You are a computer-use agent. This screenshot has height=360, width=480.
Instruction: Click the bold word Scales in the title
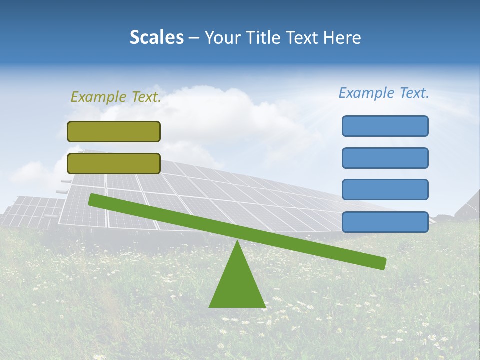(156, 38)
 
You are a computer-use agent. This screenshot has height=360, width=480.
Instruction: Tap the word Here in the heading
(342, 38)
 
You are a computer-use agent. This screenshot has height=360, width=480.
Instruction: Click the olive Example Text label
(116, 97)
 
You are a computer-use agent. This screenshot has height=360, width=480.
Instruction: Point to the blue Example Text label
(384, 93)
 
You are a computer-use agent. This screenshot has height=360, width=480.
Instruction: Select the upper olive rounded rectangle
(114, 131)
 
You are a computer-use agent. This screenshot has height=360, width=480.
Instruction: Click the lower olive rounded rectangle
(114, 163)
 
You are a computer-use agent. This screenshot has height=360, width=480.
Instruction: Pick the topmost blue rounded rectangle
(385, 126)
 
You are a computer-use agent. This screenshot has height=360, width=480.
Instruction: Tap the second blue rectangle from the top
(385, 158)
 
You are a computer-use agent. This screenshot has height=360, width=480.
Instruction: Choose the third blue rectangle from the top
(385, 190)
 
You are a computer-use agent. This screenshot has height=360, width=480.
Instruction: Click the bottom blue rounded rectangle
(385, 222)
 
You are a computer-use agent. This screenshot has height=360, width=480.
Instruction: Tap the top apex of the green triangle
(237, 242)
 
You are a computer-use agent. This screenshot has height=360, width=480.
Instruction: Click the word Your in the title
(220, 38)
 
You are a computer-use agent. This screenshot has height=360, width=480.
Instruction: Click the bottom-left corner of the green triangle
(210, 306)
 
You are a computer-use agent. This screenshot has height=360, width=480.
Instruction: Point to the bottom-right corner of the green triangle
(265, 306)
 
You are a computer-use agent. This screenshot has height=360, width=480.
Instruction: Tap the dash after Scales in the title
(194, 38)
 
